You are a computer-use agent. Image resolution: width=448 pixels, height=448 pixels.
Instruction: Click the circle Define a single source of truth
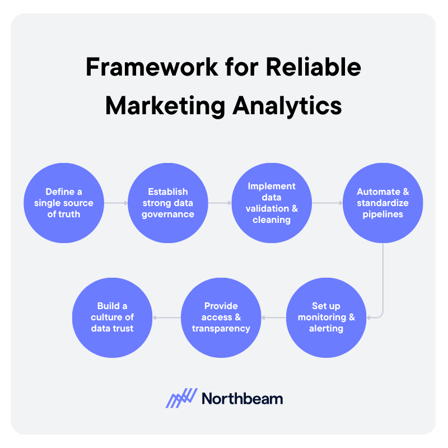point(64,203)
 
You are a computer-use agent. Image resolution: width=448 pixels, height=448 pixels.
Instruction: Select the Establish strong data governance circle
point(168,203)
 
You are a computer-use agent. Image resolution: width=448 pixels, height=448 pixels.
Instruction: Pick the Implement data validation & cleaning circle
point(272,203)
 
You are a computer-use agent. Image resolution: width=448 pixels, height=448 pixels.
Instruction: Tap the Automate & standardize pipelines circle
point(383,203)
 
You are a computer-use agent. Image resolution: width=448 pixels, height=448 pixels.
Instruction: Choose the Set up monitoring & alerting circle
point(326,318)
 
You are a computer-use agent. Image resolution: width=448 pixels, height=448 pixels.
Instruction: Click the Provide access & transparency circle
point(221,318)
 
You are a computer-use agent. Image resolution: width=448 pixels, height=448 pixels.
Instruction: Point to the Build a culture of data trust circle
point(112,318)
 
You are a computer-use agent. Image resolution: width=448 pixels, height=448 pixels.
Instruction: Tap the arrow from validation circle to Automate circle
point(328,203)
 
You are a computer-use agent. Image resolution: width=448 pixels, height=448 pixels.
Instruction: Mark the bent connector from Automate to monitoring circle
point(383,280)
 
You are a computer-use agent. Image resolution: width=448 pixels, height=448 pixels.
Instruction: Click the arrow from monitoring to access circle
point(274,318)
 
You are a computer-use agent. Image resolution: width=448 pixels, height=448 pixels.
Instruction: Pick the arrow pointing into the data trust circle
point(166,318)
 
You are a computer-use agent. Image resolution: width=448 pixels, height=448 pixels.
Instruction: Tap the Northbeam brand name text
point(242,399)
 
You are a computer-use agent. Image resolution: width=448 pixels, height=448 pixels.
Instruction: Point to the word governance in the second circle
point(168,214)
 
